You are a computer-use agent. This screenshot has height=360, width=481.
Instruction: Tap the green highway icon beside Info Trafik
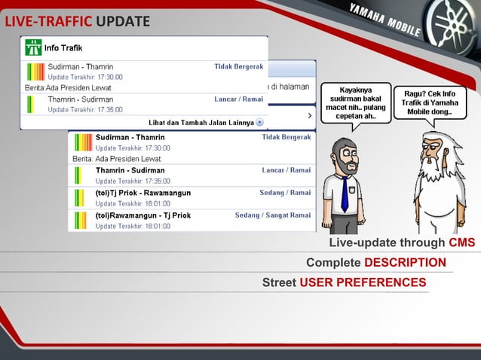(x=33, y=47)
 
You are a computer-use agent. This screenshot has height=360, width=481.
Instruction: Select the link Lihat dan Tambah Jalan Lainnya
(x=201, y=122)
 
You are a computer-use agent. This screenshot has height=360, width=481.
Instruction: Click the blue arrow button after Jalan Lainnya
(x=259, y=122)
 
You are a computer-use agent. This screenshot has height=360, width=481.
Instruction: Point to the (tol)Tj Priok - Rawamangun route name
(x=142, y=193)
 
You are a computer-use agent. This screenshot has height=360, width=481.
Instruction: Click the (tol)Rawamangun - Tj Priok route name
(x=142, y=215)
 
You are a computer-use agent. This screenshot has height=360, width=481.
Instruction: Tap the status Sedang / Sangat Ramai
(x=272, y=215)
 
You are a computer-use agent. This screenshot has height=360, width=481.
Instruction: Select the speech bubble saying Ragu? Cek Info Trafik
(x=429, y=102)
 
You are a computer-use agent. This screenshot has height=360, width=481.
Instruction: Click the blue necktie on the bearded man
(x=345, y=194)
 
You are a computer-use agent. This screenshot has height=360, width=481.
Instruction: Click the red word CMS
(x=461, y=243)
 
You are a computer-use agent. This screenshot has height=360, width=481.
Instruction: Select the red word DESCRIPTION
(x=405, y=263)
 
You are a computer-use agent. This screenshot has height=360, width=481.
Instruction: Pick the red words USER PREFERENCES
(x=363, y=282)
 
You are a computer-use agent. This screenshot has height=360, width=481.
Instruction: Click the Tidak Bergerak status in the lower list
(x=286, y=138)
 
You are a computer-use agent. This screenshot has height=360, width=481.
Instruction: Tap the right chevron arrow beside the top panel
(x=309, y=116)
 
